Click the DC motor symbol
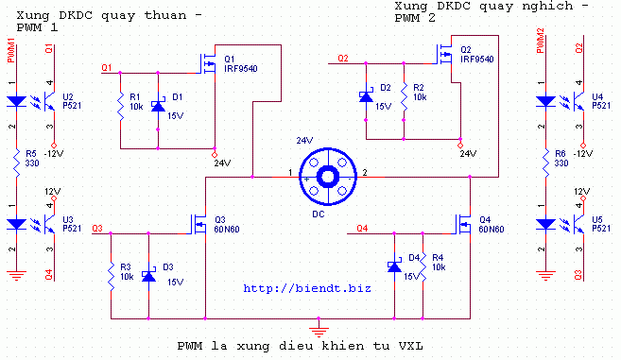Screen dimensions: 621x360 coord(328,177)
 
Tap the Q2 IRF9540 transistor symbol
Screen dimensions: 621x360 coord(444,55)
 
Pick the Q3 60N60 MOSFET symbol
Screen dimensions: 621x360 coord(199,225)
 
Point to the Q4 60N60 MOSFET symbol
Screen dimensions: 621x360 coord(463,225)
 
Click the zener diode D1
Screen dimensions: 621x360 coord(158,106)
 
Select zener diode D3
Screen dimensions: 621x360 coord(148,275)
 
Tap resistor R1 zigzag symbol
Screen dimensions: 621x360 coord(120,106)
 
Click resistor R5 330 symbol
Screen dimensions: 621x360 coord(16,163)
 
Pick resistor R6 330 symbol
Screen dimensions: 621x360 coord(545,163)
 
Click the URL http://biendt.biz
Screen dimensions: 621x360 coord(307,288)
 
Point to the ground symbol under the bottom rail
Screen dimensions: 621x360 coord(319,328)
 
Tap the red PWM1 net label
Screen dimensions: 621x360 coord(10,50)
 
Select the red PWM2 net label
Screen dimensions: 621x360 coord(540,41)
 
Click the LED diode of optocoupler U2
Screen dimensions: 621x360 coord(16,101)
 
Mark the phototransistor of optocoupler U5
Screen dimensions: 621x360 coord(579,224)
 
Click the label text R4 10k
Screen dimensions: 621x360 coord(439,263)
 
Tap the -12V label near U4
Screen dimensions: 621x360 coord(583,154)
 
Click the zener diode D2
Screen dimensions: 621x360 coord(366,96)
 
